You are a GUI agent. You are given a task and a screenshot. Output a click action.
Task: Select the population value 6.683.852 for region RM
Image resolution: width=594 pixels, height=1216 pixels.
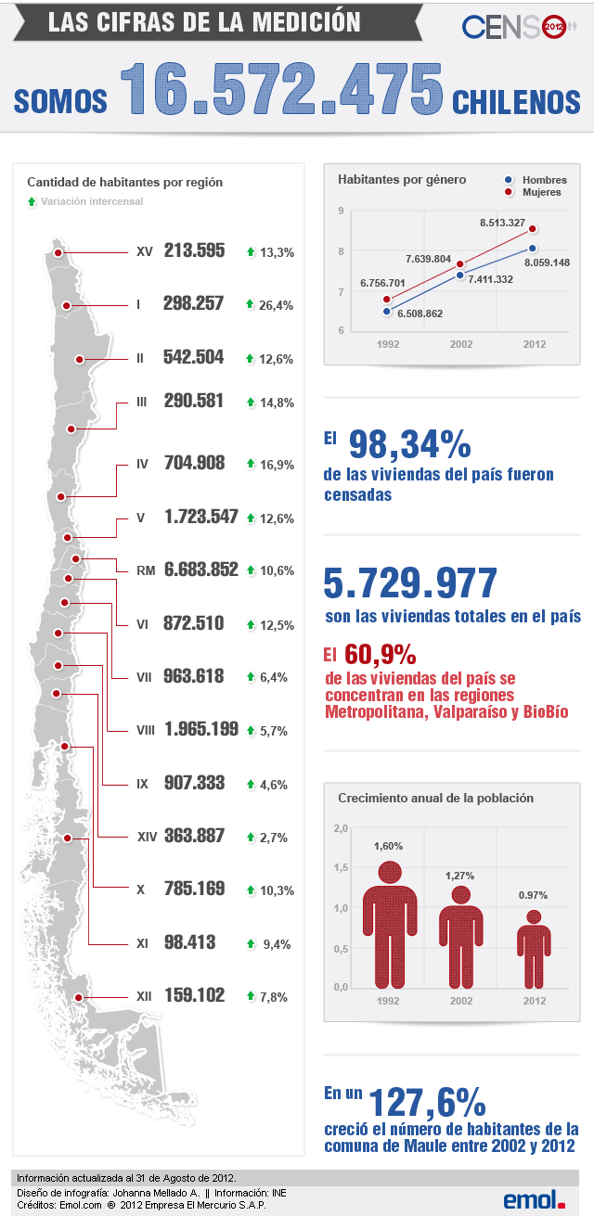click(x=201, y=570)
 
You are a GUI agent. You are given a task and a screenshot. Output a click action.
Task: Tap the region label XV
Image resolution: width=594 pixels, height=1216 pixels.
click(x=144, y=251)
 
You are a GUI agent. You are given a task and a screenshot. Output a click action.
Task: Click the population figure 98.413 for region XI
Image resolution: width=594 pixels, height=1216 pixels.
click(x=189, y=943)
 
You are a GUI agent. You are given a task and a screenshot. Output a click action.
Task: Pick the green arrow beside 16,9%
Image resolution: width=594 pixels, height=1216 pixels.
click(x=250, y=463)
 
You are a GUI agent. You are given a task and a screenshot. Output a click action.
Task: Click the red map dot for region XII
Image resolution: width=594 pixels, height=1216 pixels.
click(x=79, y=997)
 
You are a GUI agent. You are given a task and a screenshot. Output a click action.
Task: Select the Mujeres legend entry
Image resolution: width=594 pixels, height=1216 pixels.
click(x=534, y=193)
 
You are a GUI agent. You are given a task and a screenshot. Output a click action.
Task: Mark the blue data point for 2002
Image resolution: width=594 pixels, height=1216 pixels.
click(x=459, y=275)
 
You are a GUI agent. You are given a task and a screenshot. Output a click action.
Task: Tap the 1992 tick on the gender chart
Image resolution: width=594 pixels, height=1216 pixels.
click(x=386, y=343)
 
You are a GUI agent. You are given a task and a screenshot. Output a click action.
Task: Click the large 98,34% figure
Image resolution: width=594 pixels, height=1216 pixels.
click(x=409, y=445)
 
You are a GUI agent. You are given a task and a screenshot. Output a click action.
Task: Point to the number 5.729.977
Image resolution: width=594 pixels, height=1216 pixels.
click(x=409, y=583)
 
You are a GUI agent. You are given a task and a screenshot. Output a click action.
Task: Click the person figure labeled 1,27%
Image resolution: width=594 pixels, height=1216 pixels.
click(x=460, y=937)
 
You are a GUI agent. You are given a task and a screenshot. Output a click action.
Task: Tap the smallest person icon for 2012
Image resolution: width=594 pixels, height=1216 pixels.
click(x=534, y=948)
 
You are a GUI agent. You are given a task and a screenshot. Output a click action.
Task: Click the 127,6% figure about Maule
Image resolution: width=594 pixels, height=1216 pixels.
click(x=428, y=1103)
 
